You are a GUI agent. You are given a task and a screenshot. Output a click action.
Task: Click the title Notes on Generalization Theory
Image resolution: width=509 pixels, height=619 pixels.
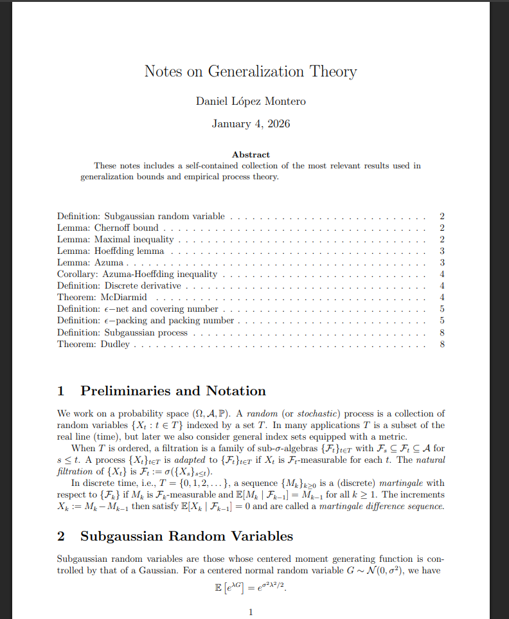(x=251, y=71)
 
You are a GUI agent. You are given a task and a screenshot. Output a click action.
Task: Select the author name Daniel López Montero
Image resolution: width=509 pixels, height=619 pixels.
(x=251, y=101)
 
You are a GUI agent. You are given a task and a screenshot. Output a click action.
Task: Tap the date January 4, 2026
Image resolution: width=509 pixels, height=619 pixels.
(x=251, y=123)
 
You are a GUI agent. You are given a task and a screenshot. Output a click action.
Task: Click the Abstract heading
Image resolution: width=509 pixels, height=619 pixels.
(x=251, y=154)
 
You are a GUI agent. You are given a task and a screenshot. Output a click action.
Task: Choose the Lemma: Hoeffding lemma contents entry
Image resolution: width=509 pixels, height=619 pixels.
(x=111, y=251)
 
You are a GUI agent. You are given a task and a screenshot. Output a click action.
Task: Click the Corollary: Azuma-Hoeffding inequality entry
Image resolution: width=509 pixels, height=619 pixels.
(x=137, y=274)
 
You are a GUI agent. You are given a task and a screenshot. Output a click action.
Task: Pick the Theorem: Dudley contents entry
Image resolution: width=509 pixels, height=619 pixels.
(x=93, y=344)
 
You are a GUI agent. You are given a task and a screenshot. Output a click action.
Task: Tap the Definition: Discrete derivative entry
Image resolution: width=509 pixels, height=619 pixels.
(x=119, y=285)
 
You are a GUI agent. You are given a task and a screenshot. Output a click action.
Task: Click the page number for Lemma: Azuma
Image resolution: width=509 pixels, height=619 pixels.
(x=442, y=262)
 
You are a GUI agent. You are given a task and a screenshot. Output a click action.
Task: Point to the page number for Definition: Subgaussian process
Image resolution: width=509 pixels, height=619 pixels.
(x=442, y=332)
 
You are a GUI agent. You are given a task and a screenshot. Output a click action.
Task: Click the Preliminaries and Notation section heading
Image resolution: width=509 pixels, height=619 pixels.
(x=173, y=391)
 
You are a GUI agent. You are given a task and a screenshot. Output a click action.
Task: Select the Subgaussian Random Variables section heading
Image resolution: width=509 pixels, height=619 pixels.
(x=186, y=536)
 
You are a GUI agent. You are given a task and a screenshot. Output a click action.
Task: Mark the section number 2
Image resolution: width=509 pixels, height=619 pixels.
(x=61, y=536)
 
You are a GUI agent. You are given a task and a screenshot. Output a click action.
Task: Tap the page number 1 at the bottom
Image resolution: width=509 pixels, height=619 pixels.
(x=251, y=612)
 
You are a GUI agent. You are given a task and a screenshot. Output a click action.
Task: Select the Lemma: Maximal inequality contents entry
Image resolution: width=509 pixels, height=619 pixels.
(x=116, y=239)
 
